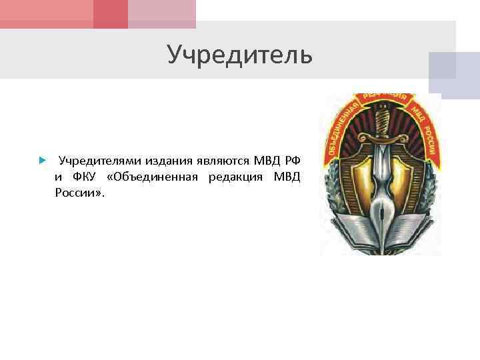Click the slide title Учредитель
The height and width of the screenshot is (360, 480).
239,55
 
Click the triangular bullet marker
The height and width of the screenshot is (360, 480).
41,161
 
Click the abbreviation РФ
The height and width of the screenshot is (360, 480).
291,161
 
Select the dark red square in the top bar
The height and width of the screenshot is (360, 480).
111,14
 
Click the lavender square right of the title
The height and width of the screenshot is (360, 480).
453,71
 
